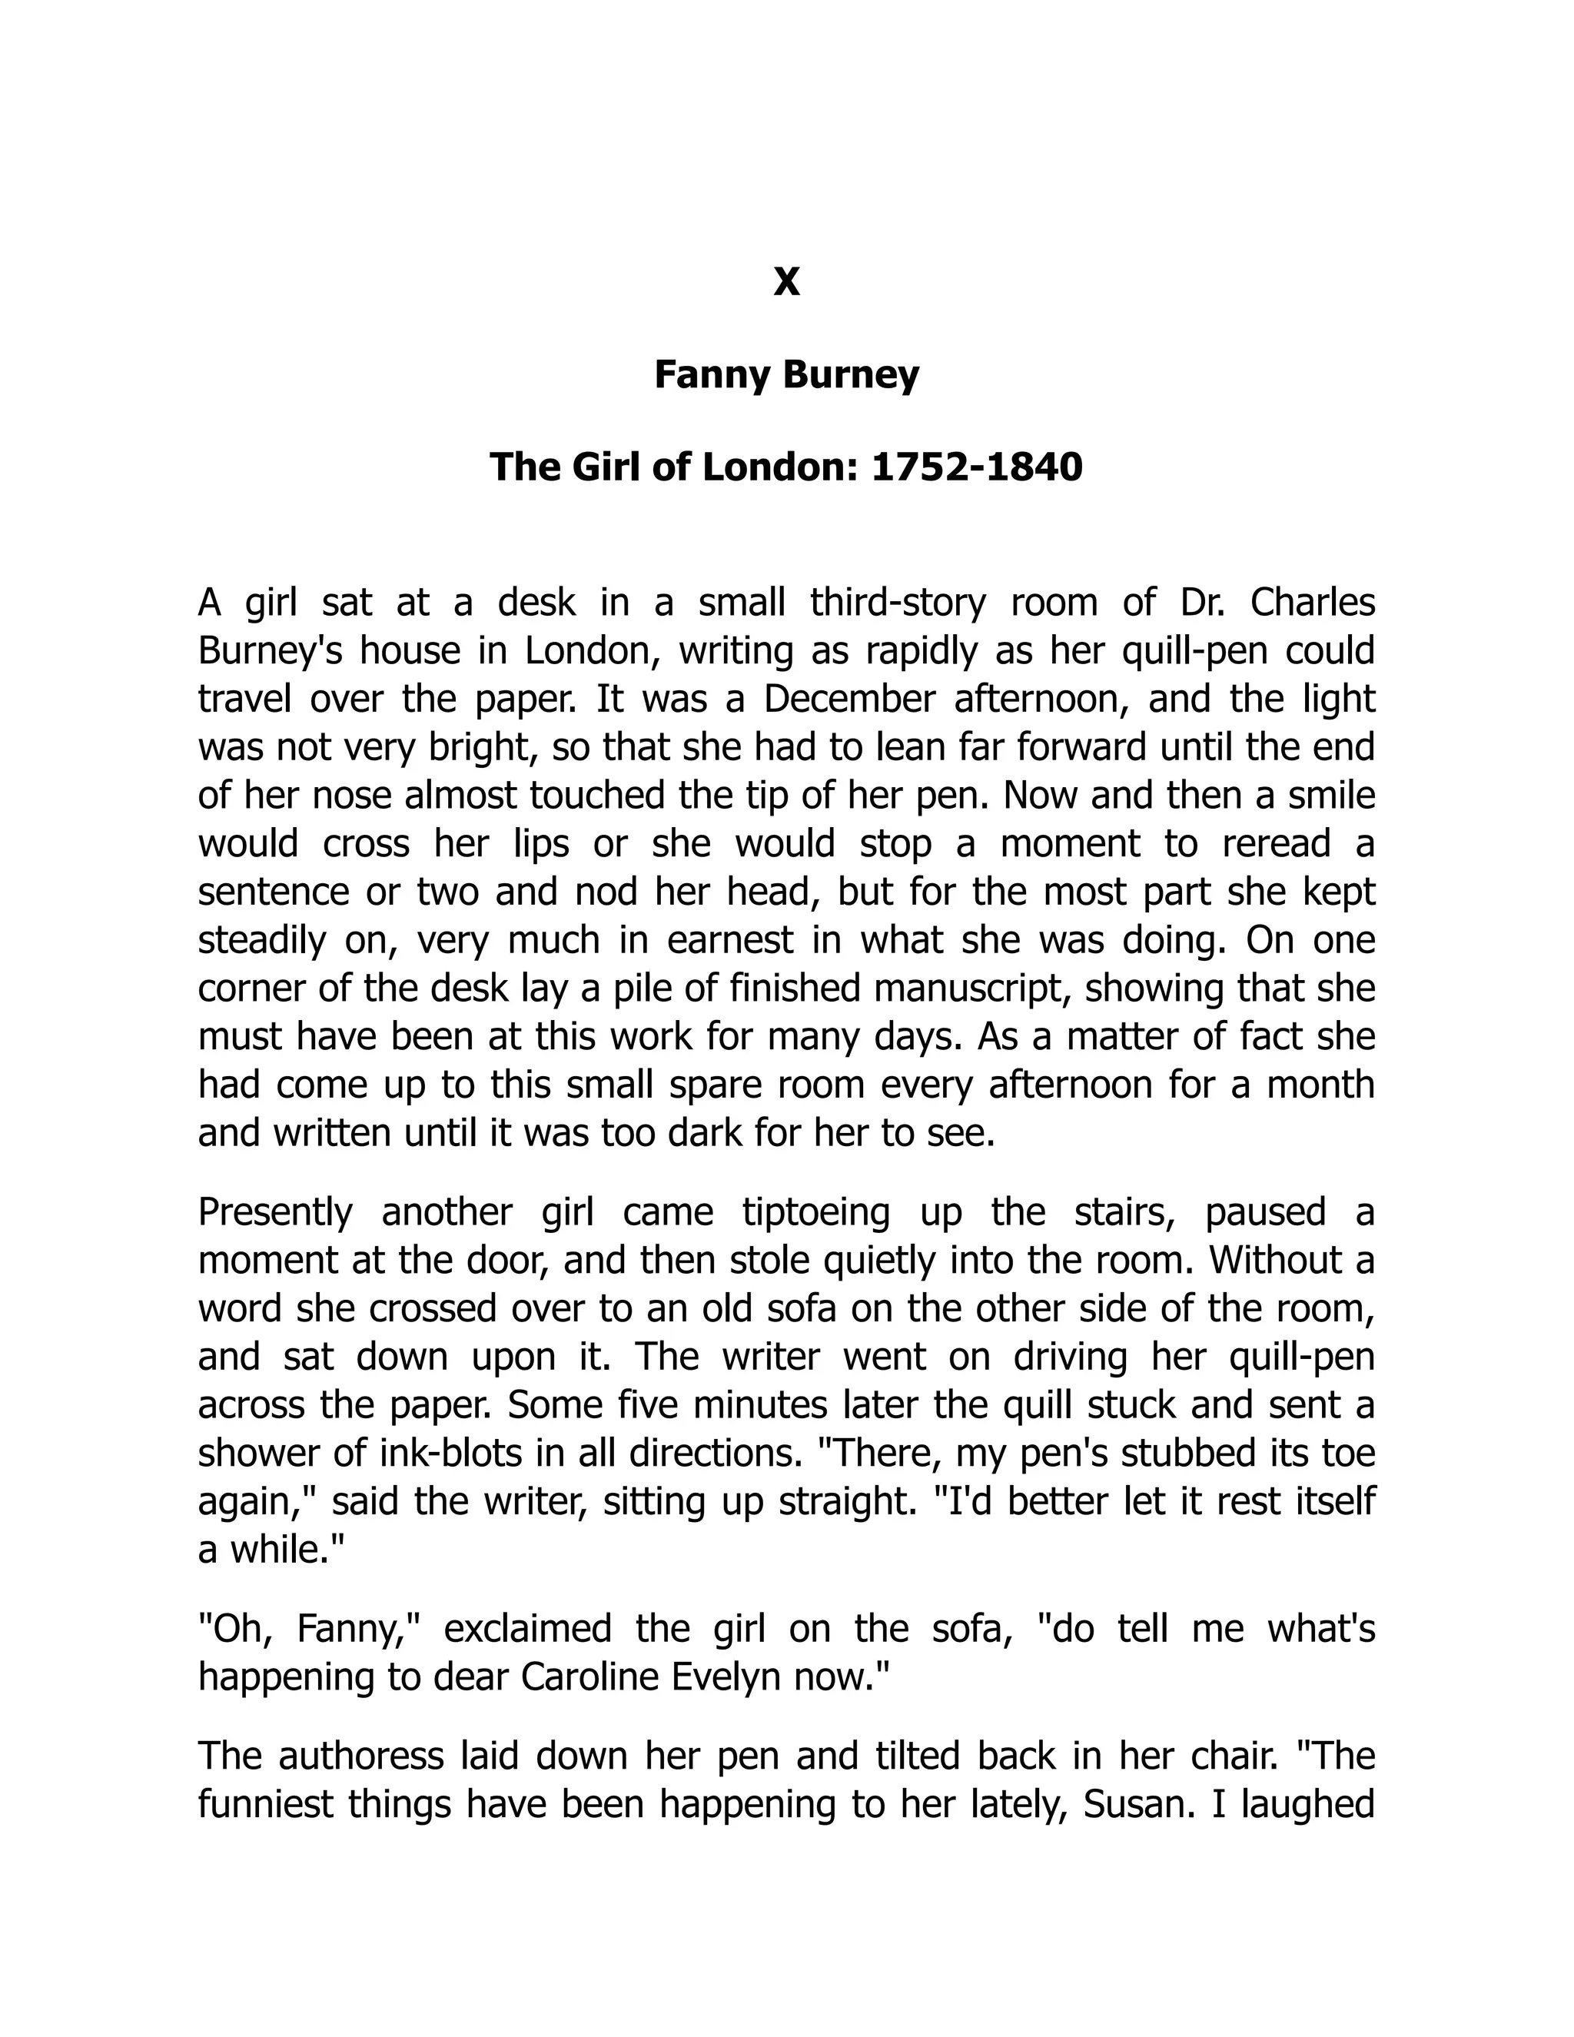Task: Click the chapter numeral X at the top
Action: [786, 281]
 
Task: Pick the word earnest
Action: [730, 940]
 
